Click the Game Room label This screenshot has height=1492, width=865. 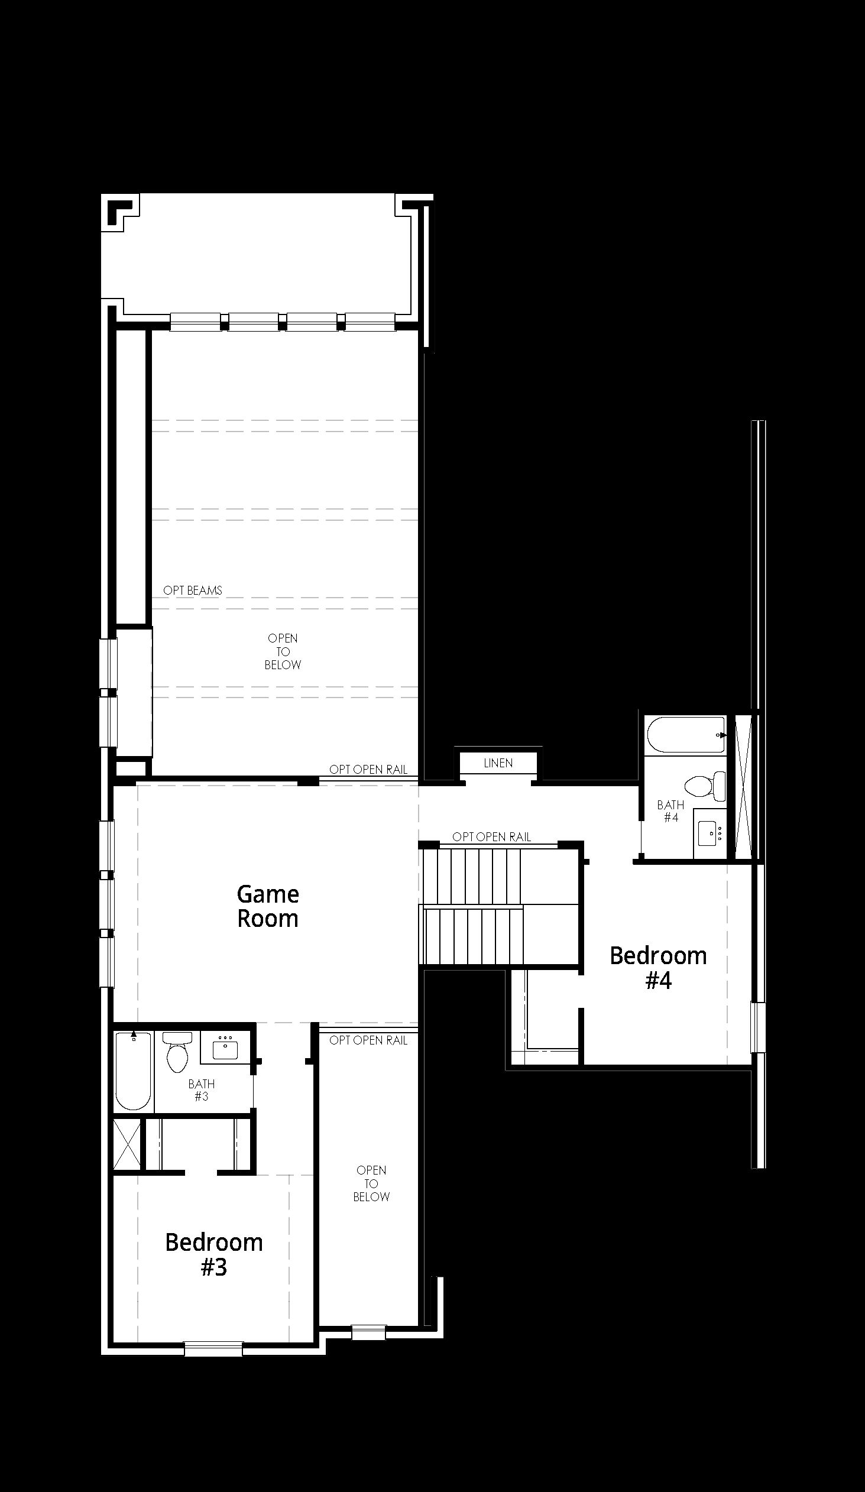tap(268, 906)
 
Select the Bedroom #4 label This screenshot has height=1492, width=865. tap(659, 968)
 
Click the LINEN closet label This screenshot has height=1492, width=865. tap(498, 763)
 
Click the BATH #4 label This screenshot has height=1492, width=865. tap(671, 811)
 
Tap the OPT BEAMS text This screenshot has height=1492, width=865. tap(193, 591)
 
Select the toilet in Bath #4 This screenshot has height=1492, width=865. tap(705, 786)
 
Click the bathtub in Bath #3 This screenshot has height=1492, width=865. tap(134, 1071)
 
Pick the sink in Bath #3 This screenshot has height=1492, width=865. tap(225, 1047)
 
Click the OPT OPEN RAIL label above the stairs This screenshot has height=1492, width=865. tap(492, 836)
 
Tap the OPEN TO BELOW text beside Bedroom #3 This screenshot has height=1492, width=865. tap(371, 1183)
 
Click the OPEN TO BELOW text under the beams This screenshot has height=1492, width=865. tap(283, 651)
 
